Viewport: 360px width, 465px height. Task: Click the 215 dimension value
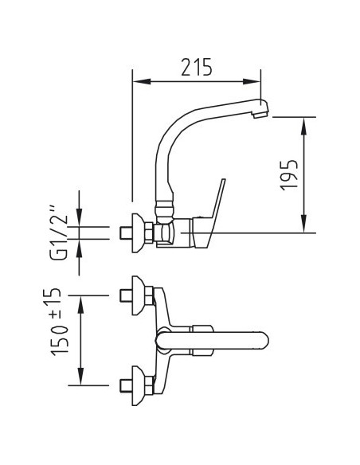[197, 67]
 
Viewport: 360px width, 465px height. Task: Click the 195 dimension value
[289, 175]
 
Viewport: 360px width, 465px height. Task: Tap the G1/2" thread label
[59, 232]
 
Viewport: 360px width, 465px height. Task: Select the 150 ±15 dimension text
[56, 322]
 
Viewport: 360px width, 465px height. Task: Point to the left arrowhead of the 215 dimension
[142, 81]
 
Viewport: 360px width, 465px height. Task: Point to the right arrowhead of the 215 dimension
[252, 81]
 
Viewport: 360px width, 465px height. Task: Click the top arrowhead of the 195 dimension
[303, 126]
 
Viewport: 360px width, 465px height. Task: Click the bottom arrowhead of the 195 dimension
[303, 224]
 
